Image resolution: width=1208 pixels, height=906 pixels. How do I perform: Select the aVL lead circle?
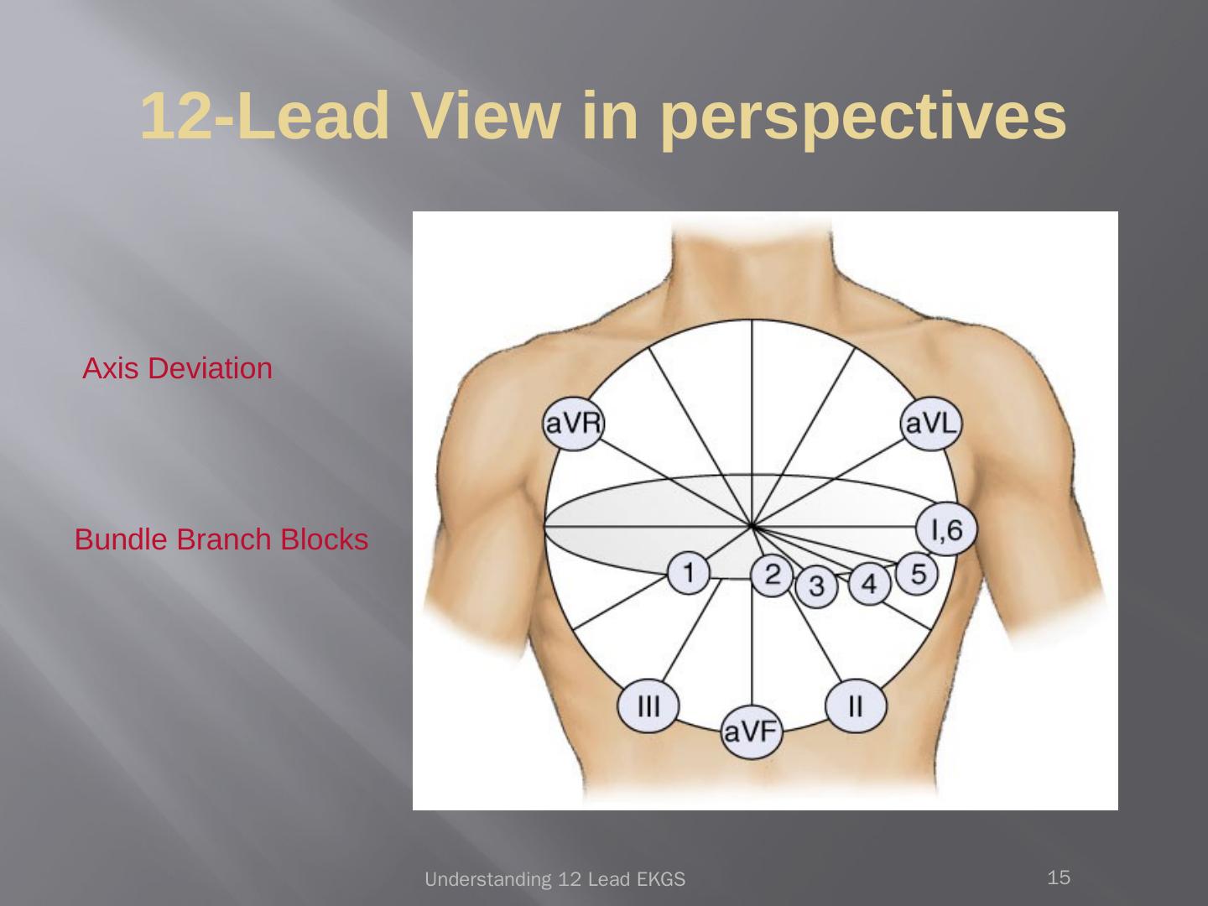[930, 424]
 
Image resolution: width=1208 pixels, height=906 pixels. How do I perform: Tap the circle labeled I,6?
[946, 529]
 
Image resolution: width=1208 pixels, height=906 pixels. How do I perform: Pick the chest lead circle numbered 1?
[689, 574]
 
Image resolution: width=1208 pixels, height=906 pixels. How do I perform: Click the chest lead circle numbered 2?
[773, 575]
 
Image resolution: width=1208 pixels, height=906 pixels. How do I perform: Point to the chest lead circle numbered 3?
[816, 586]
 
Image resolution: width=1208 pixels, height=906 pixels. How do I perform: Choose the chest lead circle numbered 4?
[870, 583]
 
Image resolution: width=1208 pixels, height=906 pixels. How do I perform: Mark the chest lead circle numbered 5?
[918, 574]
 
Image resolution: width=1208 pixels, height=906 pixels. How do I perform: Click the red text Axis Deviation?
[178, 368]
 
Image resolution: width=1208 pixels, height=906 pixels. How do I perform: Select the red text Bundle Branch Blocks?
[221, 539]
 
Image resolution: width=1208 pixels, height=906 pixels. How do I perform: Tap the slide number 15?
[1060, 878]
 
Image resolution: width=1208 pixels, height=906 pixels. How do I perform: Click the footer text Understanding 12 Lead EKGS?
[555, 880]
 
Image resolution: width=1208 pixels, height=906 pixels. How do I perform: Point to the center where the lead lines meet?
[752, 527]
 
